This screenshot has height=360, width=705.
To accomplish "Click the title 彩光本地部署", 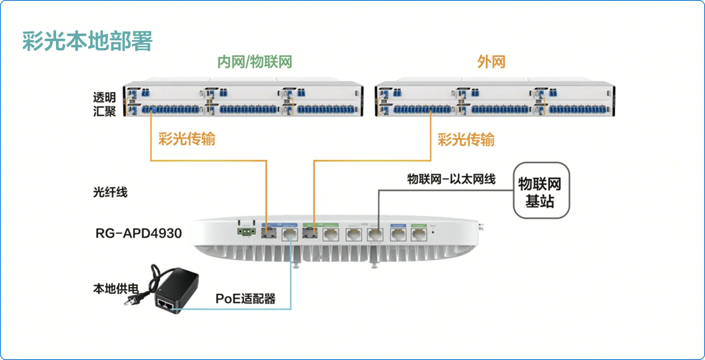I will tap(87, 41).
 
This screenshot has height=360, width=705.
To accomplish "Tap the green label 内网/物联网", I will tap(255, 62).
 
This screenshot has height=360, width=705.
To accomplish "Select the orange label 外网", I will tap(491, 62).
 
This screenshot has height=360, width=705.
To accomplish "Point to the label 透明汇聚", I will tap(104, 104).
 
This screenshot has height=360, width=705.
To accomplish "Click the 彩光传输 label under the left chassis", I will tap(187, 139).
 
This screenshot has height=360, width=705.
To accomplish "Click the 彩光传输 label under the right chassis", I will tap(466, 140).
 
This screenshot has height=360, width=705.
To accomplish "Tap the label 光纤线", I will tap(110, 192).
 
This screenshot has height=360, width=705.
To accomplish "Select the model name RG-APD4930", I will tap(139, 233).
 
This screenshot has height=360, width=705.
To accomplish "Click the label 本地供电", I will tap(116, 289).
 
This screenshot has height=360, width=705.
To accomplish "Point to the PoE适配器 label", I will tap(245, 299).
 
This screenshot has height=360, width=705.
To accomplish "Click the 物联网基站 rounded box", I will tap(541, 190).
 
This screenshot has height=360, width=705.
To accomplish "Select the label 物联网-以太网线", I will tap(451, 179).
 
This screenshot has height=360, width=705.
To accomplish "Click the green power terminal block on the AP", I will tap(246, 232).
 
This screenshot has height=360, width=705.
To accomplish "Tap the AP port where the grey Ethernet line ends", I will tap(375, 235).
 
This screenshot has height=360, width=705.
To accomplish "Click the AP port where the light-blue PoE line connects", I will tap(290, 235).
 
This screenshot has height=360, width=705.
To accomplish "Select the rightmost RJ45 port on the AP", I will tap(419, 235).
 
